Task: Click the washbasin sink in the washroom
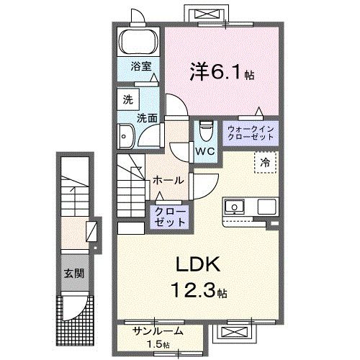[x=126, y=135]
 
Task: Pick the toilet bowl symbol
[x=204, y=131]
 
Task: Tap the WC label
[x=205, y=150]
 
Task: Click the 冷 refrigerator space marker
[x=265, y=163]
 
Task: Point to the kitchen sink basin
[x=235, y=208]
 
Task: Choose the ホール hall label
[x=168, y=180]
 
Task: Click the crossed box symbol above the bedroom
[x=202, y=15]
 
